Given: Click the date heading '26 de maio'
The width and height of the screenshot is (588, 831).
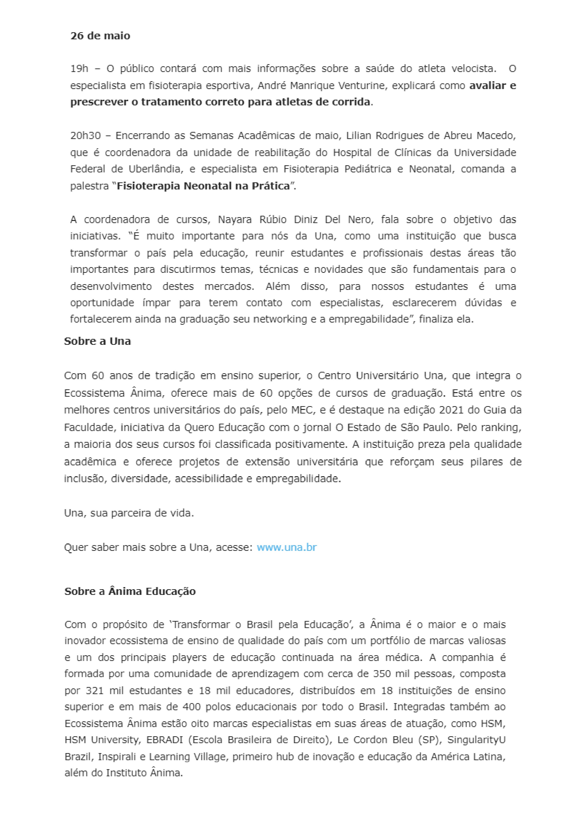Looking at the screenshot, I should (100, 36).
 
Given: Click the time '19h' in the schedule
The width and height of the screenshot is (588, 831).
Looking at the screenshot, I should (79, 69).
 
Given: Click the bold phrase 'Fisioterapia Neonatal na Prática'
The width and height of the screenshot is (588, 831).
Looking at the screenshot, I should (203, 186).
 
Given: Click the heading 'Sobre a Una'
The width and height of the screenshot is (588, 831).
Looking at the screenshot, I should (97, 341).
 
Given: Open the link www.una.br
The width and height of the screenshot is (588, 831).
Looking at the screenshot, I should (286, 547).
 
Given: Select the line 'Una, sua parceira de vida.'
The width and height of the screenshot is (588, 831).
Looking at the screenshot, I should (129, 513).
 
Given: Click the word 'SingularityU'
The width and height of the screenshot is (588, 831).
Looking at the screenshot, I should (476, 740).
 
